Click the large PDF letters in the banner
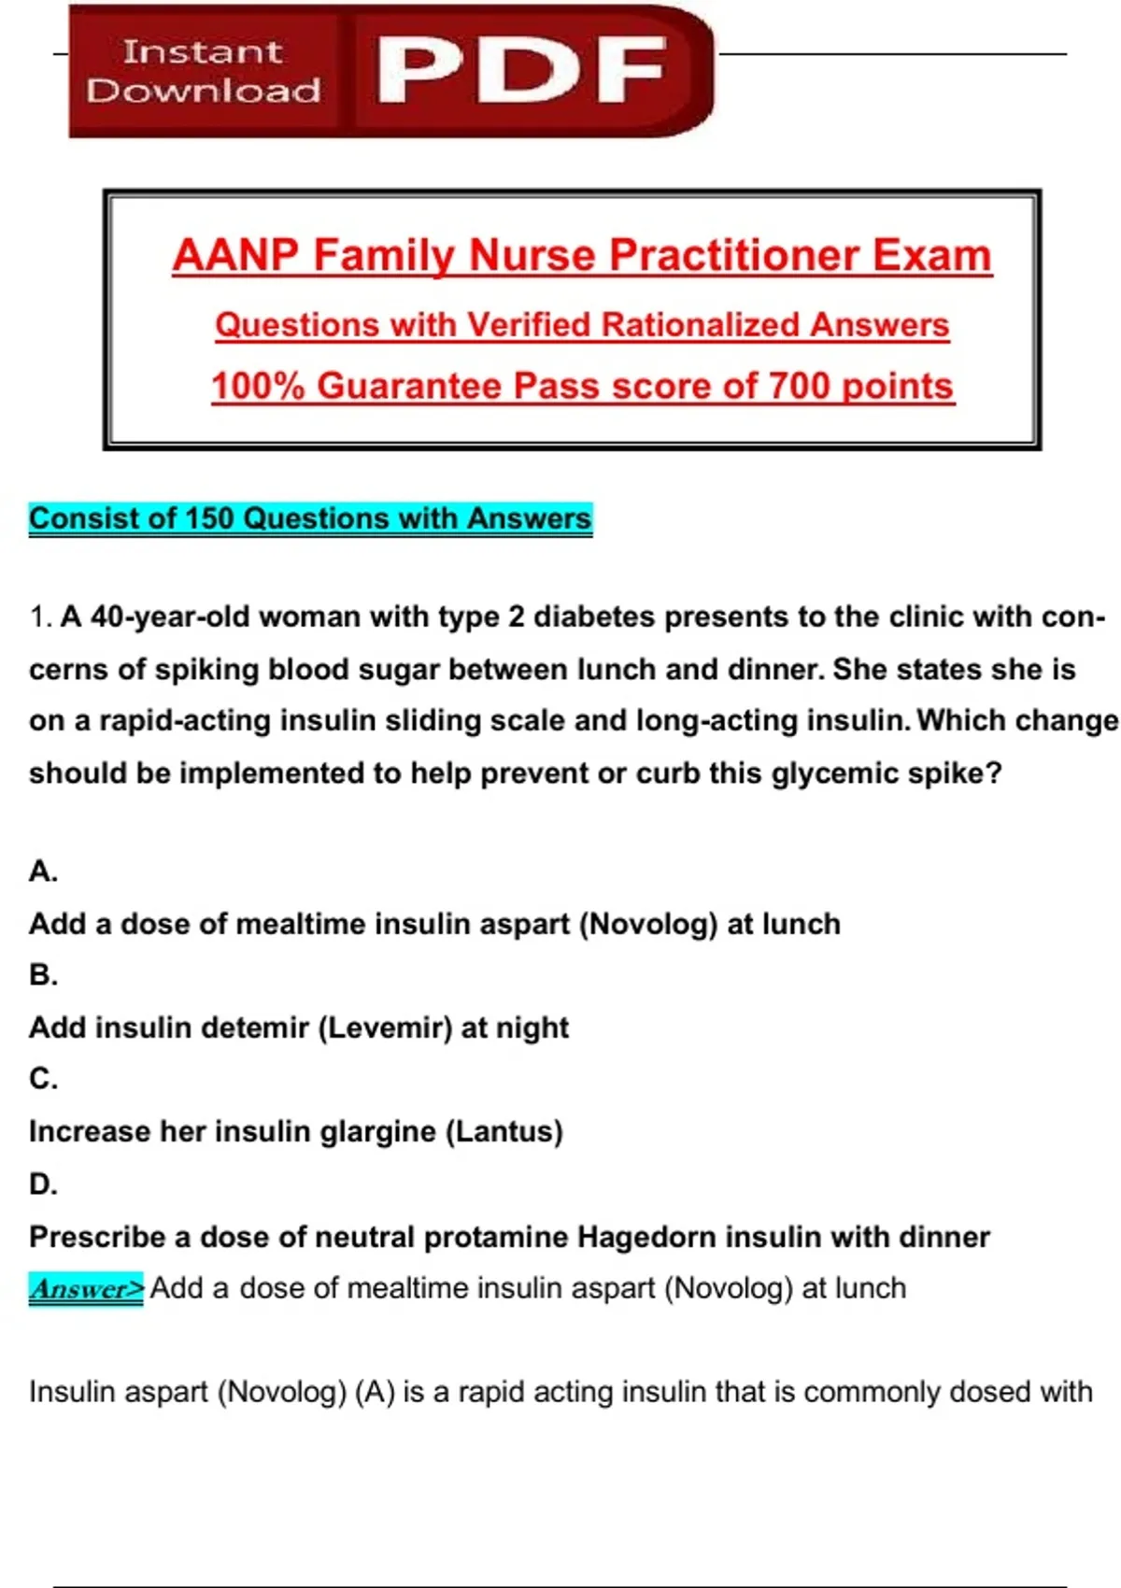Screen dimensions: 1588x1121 [x=521, y=70]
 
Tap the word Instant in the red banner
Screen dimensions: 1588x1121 [x=202, y=51]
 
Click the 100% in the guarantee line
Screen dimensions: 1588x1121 [x=258, y=386]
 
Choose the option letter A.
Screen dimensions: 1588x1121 [x=43, y=872]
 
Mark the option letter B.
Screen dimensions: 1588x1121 [x=43, y=975]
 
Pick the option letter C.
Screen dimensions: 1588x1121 [x=43, y=1079]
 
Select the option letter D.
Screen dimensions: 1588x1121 [x=43, y=1184]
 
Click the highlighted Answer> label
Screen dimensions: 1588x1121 [x=86, y=1289]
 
